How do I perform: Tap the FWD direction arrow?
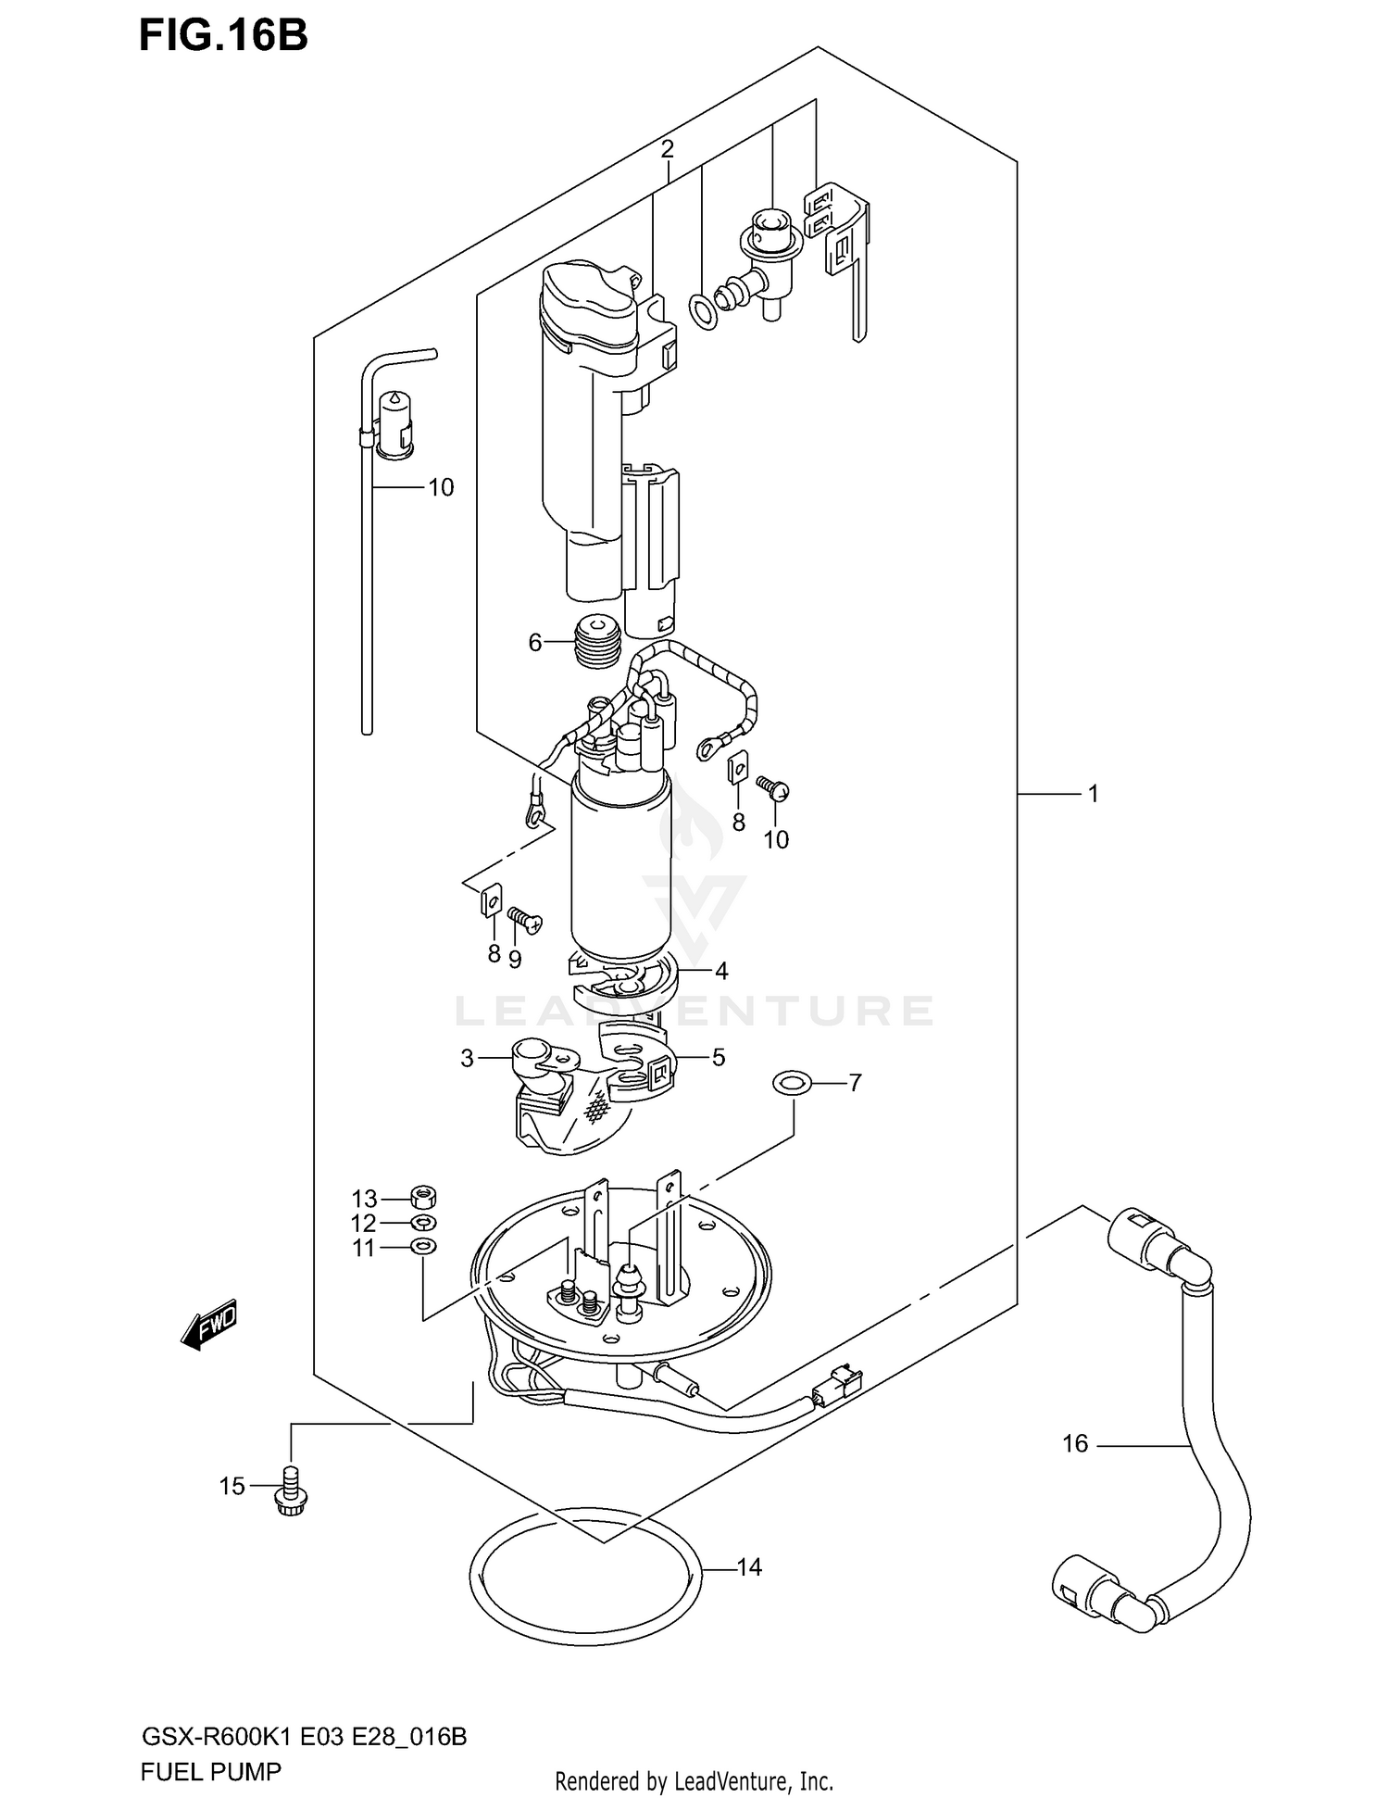tap(210, 1323)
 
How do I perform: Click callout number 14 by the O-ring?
tap(748, 1567)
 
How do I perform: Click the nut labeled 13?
tap(422, 1197)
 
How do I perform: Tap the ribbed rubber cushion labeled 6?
tap(597, 640)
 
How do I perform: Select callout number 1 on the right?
tap(1093, 794)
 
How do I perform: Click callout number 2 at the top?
tap(667, 148)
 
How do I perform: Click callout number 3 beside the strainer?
tap(467, 1058)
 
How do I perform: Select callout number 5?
tap(719, 1057)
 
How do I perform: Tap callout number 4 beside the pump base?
tap(721, 971)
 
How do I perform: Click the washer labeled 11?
tap(423, 1246)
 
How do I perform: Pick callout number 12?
tap(364, 1223)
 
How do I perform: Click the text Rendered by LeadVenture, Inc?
tap(694, 1779)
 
